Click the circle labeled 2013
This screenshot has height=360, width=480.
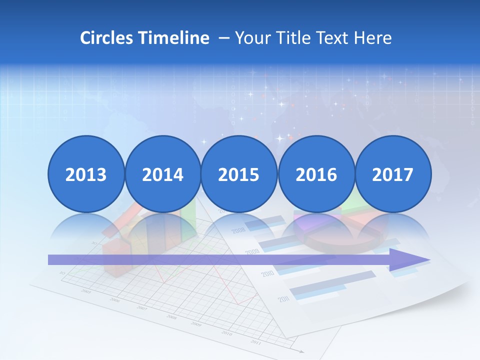(86, 174)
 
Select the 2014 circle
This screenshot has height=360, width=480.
(162, 174)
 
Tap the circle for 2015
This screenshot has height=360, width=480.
(239, 174)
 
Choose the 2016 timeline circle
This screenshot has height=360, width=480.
(316, 174)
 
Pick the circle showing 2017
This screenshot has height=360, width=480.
(392, 174)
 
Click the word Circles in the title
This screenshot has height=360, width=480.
(106, 38)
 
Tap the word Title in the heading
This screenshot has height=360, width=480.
(290, 38)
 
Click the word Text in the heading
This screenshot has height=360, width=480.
(332, 38)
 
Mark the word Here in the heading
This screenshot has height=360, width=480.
(373, 38)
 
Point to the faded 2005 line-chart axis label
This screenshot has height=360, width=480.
(86, 291)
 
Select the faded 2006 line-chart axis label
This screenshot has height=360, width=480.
(115, 300)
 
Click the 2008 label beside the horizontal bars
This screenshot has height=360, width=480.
(238, 230)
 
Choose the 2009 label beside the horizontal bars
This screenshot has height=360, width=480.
(252, 251)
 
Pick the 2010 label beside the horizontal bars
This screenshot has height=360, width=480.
(267, 273)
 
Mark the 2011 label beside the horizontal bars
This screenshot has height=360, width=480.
(283, 299)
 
